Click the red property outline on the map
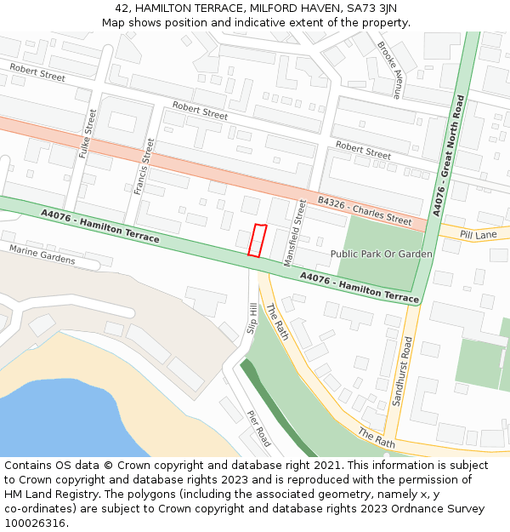[x=257, y=240]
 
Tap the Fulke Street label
[x=85, y=133]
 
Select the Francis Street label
[x=143, y=166]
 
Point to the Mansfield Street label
[x=299, y=225]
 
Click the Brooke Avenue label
[x=389, y=70]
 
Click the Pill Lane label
[x=478, y=234]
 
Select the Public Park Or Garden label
[x=381, y=254]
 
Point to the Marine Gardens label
[x=42, y=254]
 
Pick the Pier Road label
[x=259, y=427]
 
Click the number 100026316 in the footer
[x=35, y=523]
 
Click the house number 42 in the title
[x=122, y=8]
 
